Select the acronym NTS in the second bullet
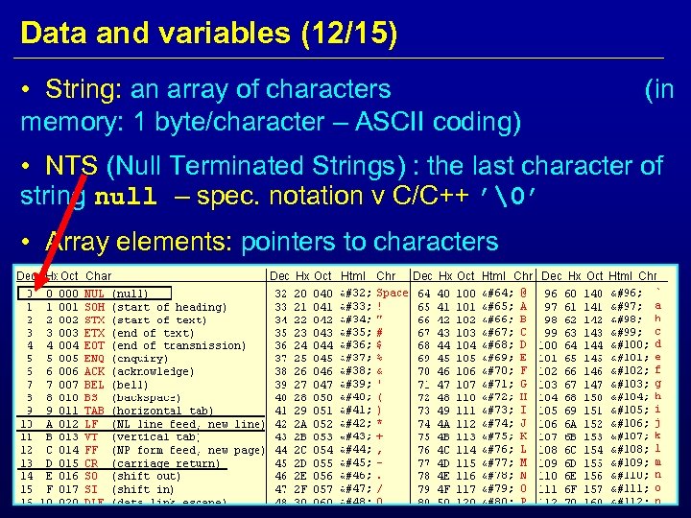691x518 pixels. pyautogui.click(x=64, y=166)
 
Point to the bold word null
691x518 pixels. pyautogui.click(x=126, y=198)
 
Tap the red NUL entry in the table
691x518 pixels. pyautogui.click(x=94, y=293)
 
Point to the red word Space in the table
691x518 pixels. pyautogui.click(x=393, y=292)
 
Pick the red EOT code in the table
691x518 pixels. pyautogui.click(x=94, y=344)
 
